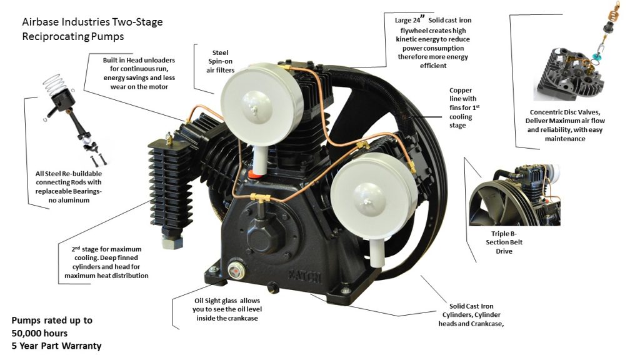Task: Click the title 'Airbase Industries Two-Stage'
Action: [92, 22]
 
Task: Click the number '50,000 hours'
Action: [39, 333]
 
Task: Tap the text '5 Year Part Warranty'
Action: [56, 346]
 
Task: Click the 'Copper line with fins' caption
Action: [461, 107]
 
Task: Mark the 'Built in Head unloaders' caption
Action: [139, 73]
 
